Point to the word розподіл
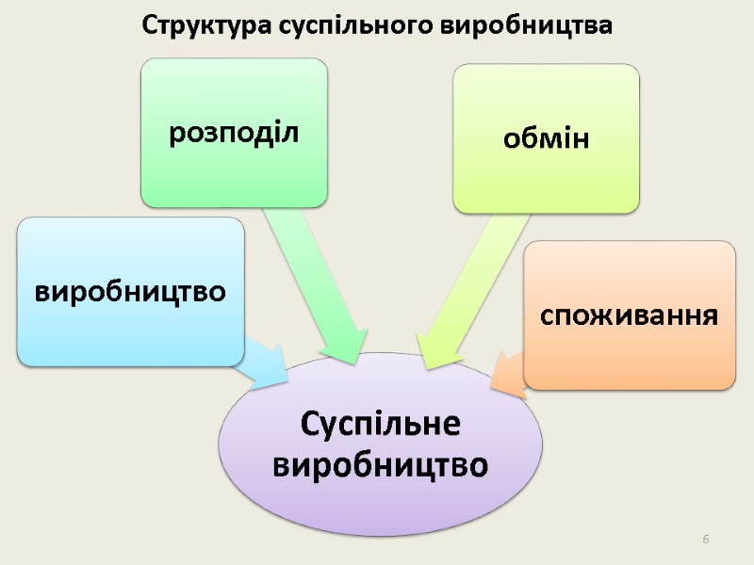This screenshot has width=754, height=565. (234, 133)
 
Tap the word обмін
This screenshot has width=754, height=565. (546, 140)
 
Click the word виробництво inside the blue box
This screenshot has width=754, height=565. (130, 291)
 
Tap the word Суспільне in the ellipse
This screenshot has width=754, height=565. (380, 426)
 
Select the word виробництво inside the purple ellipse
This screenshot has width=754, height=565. (380, 464)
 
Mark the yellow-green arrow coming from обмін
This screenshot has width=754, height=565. (471, 282)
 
